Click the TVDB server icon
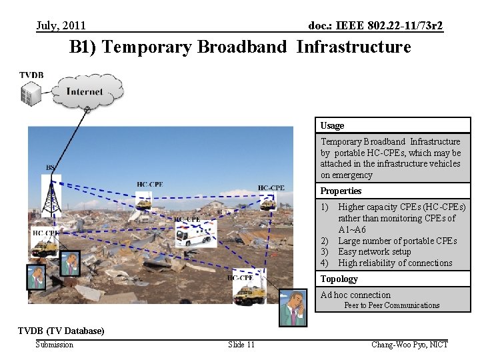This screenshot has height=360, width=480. pyautogui.click(x=30, y=94)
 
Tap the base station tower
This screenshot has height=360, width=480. pyautogui.click(x=51, y=193)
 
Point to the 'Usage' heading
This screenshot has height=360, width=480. pyautogui.click(x=332, y=125)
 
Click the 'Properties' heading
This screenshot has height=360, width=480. pyautogui.click(x=341, y=191)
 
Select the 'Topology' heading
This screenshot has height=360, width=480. pyautogui.click(x=339, y=279)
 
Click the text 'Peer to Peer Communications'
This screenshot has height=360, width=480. pyautogui.click(x=391, y=305)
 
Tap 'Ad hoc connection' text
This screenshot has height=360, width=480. pyautogui.click(x=355, y=295)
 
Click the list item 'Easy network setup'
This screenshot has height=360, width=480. pyautogui.click(x=374, y=251)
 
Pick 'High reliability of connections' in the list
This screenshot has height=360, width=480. pyautogui.click(x=395, y=263)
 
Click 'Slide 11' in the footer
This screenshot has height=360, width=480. pyautogui.click(x=241, y=344)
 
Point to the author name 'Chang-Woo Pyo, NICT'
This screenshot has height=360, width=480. pyautogui.click(x=409, y=344)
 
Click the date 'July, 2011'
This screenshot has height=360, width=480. pyautogui.click(x=61, y=26)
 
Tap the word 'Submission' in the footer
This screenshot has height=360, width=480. pyautogui.click(x=55, y=344)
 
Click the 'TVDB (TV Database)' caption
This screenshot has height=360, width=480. pyautogui.click(x=61, y=331)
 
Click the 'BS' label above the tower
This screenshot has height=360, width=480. pyautogui.click(x=50, y=167)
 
